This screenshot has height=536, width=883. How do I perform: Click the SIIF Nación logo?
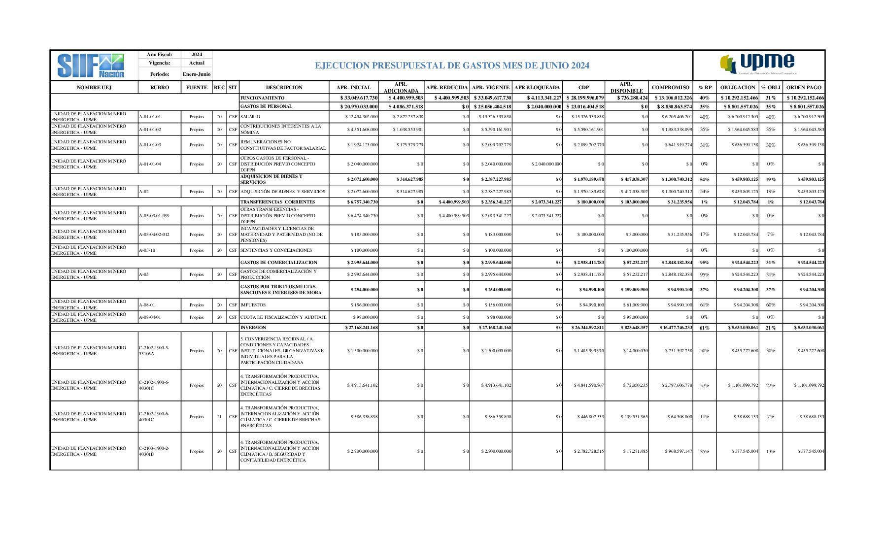pyautogui.click(x=91, y=66)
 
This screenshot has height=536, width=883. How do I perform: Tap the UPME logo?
pyautogui.click(x=757, y=64)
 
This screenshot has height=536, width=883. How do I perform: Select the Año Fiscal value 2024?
pyautogui.click(x=197, y=55)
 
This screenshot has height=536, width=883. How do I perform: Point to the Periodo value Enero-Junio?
pyautogui.click(x=197, y=74)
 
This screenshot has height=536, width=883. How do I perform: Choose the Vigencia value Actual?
pyautogui.click(x=197, y=63)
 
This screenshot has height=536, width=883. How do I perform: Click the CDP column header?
pyautogui.click(x=583, y=88)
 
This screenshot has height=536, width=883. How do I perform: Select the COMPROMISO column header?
pyautogui.click(x=670, y=88)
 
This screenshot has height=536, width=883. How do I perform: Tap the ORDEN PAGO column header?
pyautogui.click(x=804, y=88)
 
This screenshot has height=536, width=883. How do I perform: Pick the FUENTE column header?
pyautogui.click(x=197, y=88)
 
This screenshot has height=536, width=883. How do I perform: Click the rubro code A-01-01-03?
pyautogui.click(x=150, y=145)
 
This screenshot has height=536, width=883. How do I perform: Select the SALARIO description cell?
pyautogui.click(x=250, y=117)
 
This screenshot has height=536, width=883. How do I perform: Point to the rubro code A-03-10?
pyautogui.click(x=147, y=251)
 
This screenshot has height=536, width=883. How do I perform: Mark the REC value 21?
pyautogui.click(x=219, y=417)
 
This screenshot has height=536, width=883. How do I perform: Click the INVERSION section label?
pyautogui.click(x=253, y=328)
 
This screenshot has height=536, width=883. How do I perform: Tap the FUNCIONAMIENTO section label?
pyautogui.click(x=262, y=98)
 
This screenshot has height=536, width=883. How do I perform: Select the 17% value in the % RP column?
pyautogui.click(x=705, y=235)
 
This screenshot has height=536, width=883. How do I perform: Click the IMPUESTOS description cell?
pyautogui.click(x=253, y=305)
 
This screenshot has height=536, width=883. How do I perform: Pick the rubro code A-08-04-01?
pyautogui.click(x=150, y=318)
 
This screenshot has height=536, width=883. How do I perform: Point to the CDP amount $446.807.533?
pyautogui.click(x=590, y=417)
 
